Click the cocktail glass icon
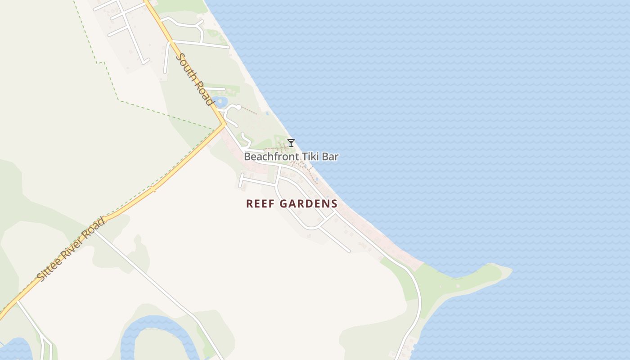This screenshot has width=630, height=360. point(291,143)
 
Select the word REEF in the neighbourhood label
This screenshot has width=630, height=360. point(261,204)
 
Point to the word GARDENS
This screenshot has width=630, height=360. point(309,204)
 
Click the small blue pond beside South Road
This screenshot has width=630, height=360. point(220,101)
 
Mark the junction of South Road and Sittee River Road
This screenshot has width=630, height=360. point(223,125)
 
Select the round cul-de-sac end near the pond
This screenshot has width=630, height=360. point(238,107)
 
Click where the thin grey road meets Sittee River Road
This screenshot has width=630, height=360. point(94,231)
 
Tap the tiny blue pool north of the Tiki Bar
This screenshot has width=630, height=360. point(267,113)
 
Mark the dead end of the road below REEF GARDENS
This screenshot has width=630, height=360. point(349,251)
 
